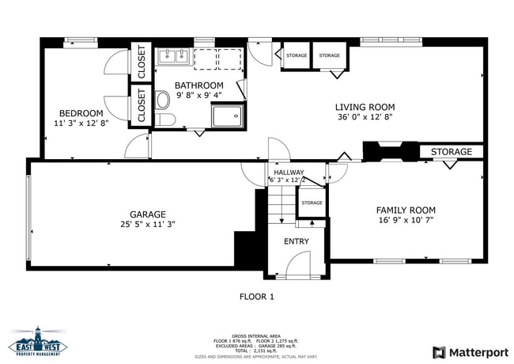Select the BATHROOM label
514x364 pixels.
click(198, 85)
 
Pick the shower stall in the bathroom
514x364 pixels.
click(229, 116)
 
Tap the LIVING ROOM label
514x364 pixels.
click(365, 107)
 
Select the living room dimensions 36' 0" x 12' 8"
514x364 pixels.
click(365, 117)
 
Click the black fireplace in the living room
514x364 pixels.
click(389, 151)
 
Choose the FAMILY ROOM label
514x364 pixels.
click(405, 210)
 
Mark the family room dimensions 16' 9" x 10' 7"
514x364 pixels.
click(405, 221)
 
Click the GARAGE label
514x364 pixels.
click(148, 214)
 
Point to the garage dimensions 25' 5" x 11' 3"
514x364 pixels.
click(148, 224)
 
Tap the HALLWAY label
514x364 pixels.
click(289, 172)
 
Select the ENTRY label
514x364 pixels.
click(297, 241)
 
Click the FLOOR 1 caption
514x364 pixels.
click(256, 297)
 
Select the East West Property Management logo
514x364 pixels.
click(39, 341)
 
